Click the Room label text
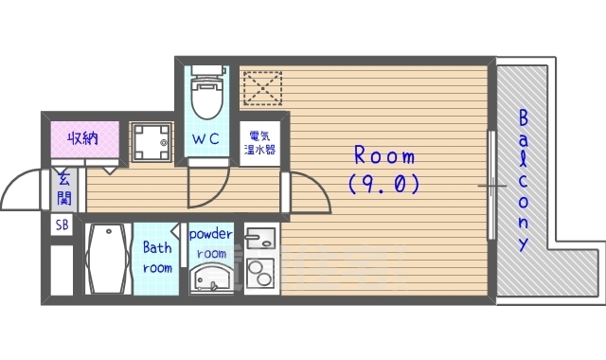pyautogui.click(x=384, y=155)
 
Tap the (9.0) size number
pyautogui.click(x=384, y=184)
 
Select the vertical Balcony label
pyautogui.click(x=523, y=180)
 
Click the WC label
pyautogui.click(x=205, y=138)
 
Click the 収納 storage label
pyautogui.click(x=82, y=138)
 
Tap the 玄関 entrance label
pyautogui.click(x=64, y=189)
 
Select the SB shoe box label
pyautogui.click(x=62, y=225)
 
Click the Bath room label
pyautogui.click(x=157, y=258)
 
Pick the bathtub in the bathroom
pyautogui.click(x=108, y=259)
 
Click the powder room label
pyautogui.click(x=210, y=243)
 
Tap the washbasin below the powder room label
pyautogui.click(x=211, y=278)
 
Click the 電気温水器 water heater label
pyautogui.click(x=259, y=143)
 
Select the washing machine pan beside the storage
pyautogui.click(x=151, y=142)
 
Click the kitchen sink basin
pyautogui.click(x=260, y=238)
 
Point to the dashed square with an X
pyautogui.click(x=262, y=88)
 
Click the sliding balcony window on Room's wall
pyautogui.click(x=491, y=185)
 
